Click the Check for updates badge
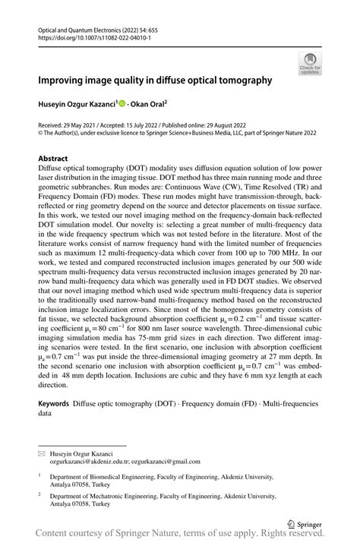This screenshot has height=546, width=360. [310, 64]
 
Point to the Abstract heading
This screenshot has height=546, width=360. [54, 159]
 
